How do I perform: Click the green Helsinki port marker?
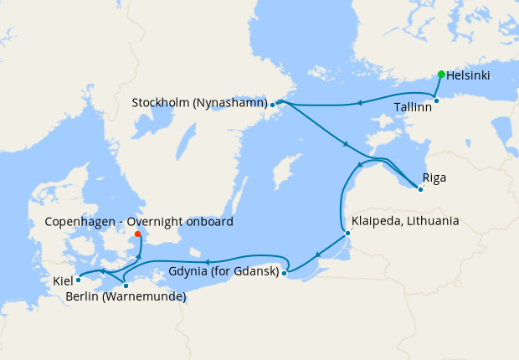pos(440,75)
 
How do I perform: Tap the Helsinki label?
pos(469,75)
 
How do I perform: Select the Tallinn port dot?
pos(436,100)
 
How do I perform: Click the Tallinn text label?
pos(413,107)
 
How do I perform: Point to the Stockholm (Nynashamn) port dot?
pos(273,105)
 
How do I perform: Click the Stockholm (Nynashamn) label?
pos(200,104)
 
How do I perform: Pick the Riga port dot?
pos(420,188)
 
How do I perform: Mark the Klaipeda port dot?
pos(347,234)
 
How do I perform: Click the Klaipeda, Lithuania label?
pos(406,222)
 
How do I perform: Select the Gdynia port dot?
pos(285,272)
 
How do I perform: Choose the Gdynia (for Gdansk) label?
pos(224,272)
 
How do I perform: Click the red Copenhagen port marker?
pos(138,234)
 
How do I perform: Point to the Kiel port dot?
pos(78,280)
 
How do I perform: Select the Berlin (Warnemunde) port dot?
pos(126,285)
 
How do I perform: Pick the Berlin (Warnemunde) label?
pos(126,297)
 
